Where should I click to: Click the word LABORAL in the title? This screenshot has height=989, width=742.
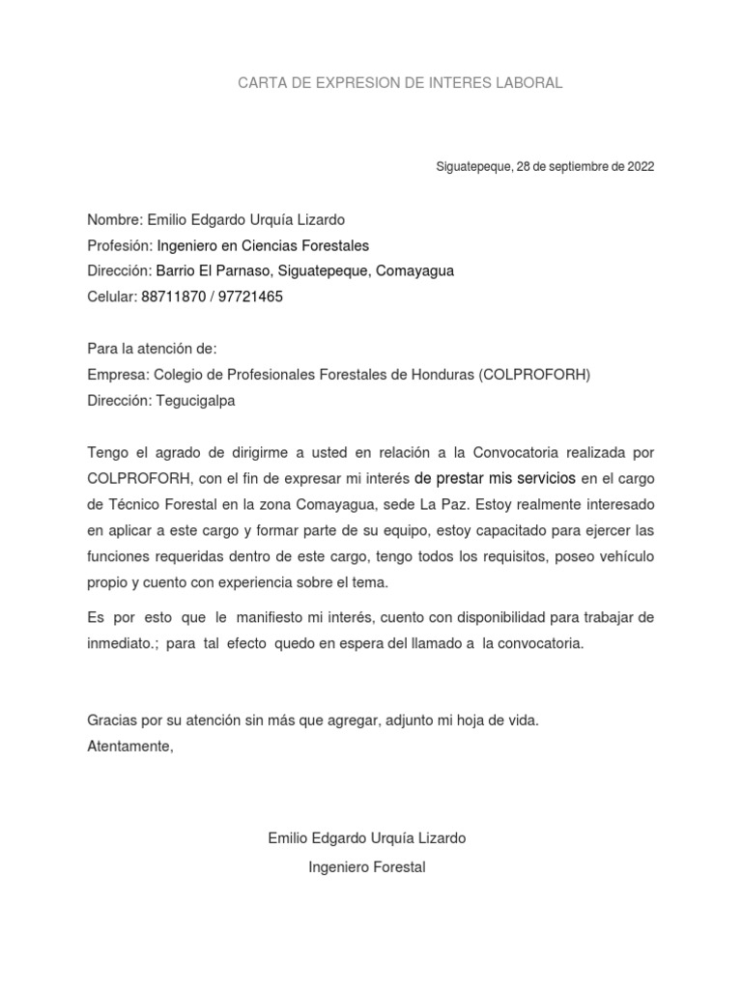click(x=529, y=83)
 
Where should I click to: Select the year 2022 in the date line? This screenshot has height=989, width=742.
click(x=641, y=166)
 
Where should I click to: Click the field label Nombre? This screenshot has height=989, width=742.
click(x=115, y=220)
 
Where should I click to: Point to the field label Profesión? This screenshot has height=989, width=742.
click(x=120, y=245)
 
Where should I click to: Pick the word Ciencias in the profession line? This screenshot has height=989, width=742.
click(x=262, y=245)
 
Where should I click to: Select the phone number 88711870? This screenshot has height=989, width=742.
click(x=174, y=297)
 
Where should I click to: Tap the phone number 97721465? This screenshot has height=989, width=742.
click(x=250, y=297)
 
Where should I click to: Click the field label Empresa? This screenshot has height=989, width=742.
click(x=118, y=375)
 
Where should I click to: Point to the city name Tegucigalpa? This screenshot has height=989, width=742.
click(x=195, y=400)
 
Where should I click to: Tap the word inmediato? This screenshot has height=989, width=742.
click(x=122, y=642)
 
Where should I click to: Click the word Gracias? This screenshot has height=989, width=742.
click(x=112, y=721)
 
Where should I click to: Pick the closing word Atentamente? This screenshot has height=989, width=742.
click(x=129, y=746)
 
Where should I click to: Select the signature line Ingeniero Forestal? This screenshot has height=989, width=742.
click(x=367, y=867)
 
